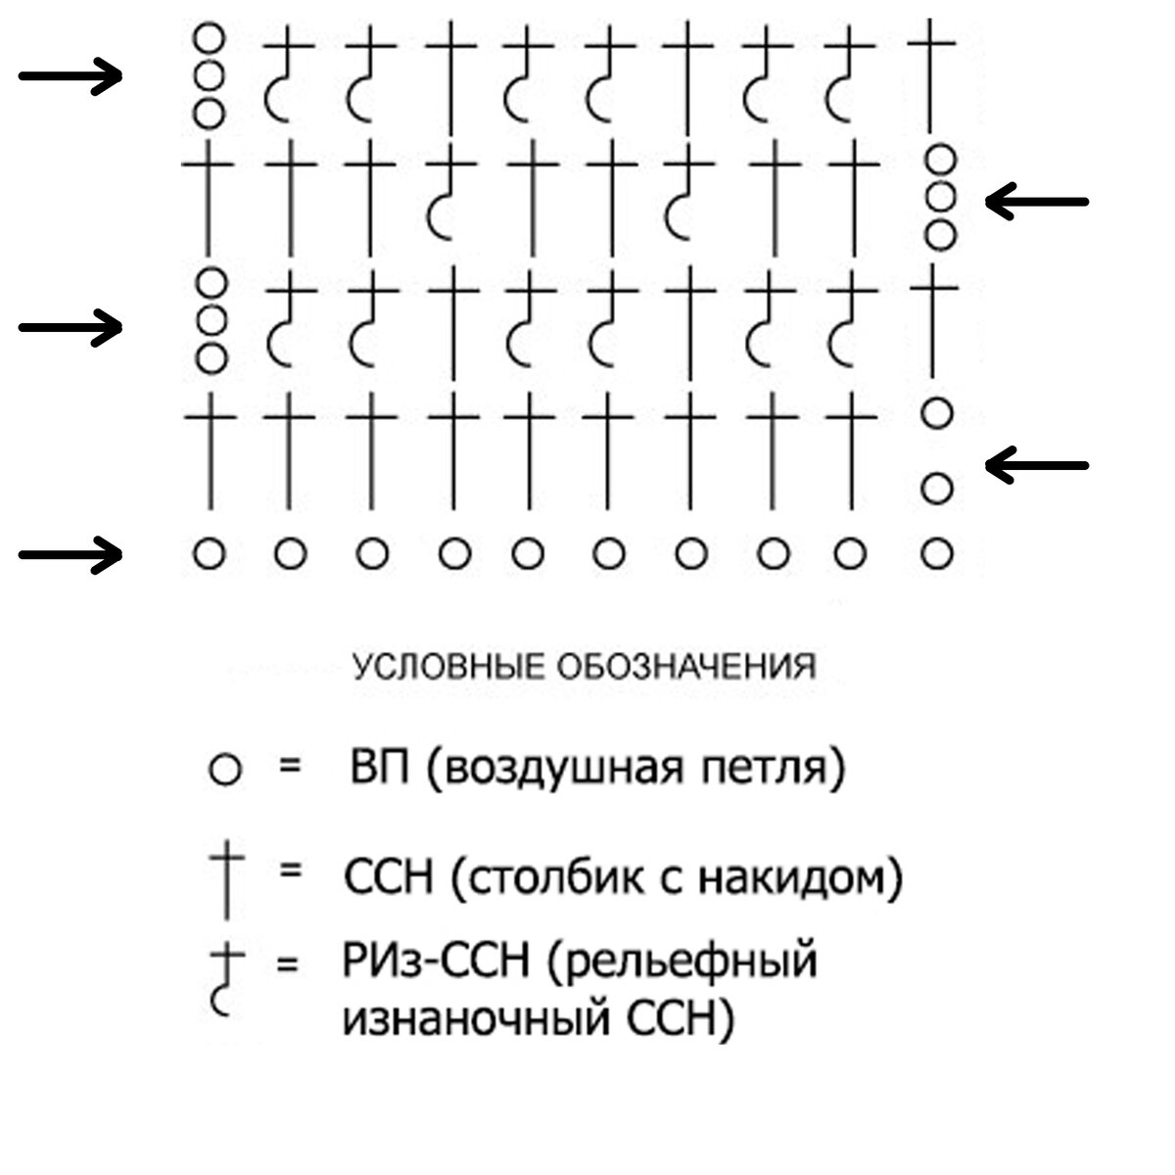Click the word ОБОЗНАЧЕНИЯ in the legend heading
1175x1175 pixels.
687,667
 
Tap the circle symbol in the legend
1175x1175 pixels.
225,770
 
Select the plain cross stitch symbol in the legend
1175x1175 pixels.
227,880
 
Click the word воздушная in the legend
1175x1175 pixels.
563,770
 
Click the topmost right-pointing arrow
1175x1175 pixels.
70,76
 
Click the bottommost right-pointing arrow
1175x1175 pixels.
70,555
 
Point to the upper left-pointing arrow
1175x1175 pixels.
1037,202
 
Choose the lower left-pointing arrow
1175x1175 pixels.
1037,465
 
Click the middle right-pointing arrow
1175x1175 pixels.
70,328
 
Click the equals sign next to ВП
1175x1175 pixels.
290,766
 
